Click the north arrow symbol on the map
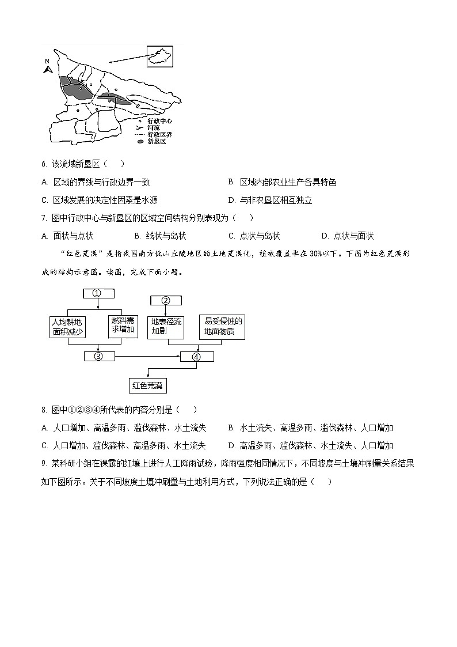click(48, 68)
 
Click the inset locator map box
click(159, 57)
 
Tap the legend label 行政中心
click(159, 121)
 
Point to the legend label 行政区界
click(159, 134)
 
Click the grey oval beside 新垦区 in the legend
click(140, 141)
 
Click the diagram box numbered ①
click(98, 293)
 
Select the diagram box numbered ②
click(166, 300)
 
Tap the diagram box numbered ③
click(99, 356)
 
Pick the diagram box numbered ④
click(197, 357)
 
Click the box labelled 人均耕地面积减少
click(68, 327)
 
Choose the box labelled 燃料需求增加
click(122, 326)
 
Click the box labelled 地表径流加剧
click(166, 327)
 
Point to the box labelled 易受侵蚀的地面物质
click(221, 327)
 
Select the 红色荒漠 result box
click(147, 385)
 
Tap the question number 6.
click(44, 164)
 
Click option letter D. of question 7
click(325, 236)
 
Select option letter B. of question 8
click(231, 427)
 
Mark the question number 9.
click(44, 463)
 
